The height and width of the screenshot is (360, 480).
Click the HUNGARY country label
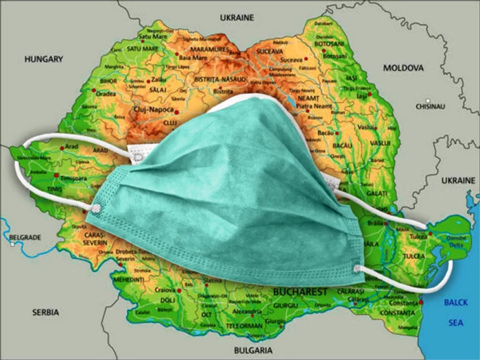pyautogui.click(x=44, y=59)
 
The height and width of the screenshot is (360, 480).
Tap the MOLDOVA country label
pyautogui.click(x=403, y=68)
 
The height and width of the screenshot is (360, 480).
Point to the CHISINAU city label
pyautogui.click(x=431, y=107)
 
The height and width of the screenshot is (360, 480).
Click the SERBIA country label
pyautogui.click(x=46, y=312)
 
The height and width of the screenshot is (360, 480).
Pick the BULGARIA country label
pyautogui.click(x=253, y=350)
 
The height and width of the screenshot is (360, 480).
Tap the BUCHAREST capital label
pyautogui.click(x=300, y=291)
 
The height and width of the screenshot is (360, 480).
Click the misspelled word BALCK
pyautogui.click(x=456, y=302)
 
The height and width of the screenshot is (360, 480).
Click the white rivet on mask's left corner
pyautogui.click(x=97, y=206)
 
